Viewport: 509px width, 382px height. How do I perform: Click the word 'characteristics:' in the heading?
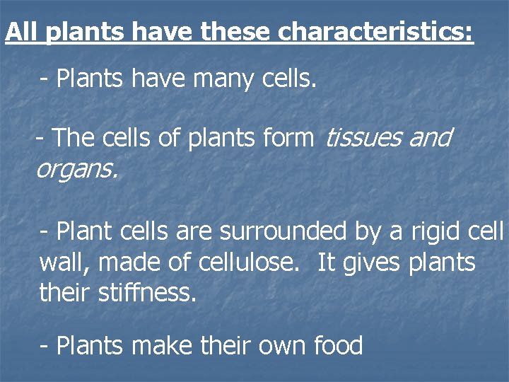[376, 33]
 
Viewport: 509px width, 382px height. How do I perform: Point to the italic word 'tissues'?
[363, 138]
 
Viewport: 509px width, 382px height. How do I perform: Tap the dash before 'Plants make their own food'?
[45, 347]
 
